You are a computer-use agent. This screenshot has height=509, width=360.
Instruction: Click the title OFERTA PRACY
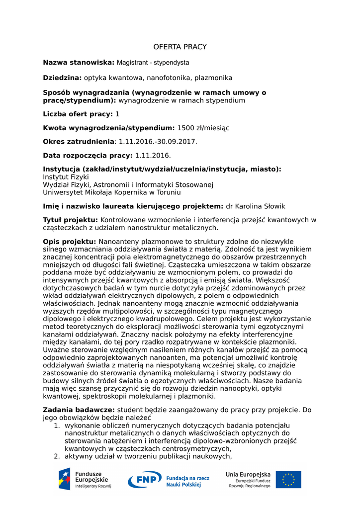pyautogui.click(x=180, y=47)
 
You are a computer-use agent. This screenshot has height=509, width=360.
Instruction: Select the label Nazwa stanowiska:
pyautogui.click(x=79, y=62)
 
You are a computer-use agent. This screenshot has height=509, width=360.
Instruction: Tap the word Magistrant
pyautogui.click(x=134, y=63)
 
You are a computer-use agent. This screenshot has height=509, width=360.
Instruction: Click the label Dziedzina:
pyautogui.click(x=62, y=78)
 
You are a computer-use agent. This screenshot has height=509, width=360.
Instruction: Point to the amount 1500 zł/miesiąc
pyautogui.click(x=203, y=128)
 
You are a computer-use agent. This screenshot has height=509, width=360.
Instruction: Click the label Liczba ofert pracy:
pyautogui.click(x=78, y=114)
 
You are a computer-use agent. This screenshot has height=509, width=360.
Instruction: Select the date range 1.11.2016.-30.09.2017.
pyautogui.click(x=158, y=142)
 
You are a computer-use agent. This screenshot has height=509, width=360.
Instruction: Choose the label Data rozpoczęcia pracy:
pyautogui.click(x=88, y=156)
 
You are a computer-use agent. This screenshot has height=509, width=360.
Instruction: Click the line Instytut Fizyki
pyautogui.click(x=66, y=177)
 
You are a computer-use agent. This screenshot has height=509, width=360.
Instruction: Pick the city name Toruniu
pyautogui.click(x=168, y=192)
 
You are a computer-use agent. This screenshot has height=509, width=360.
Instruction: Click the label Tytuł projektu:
pyautogui.click(x=71, y=220)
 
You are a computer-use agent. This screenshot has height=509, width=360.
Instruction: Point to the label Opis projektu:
pyautogui.click(x=70, y=242)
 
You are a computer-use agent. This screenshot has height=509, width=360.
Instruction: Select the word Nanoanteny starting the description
pyautogui.click(x=119, y=242)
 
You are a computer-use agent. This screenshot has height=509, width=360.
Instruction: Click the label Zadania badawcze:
pyautogui.click(x=79, y=410)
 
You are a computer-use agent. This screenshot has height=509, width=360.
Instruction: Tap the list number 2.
pyautogui.click(x=57, y=456)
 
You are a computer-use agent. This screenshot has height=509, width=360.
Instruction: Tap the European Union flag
pyautogui.click(x=288, y=480)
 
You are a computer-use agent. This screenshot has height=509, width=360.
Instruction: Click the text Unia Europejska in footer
pyautogui.click(x=248, y=475)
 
